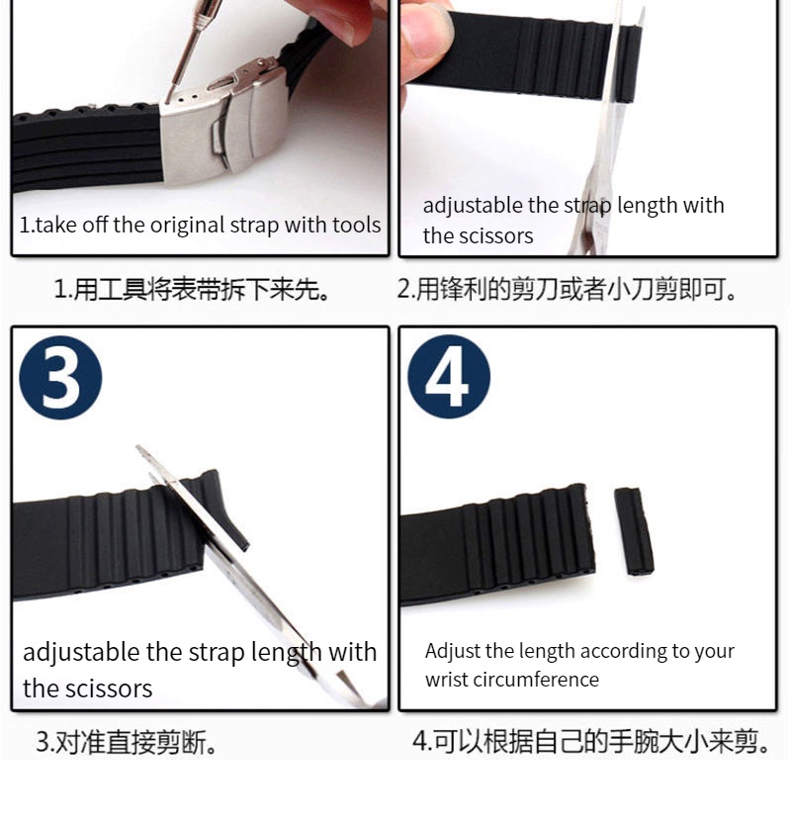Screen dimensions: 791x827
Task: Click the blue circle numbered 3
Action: [x=60, y=378]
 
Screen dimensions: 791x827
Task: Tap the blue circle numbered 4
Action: [x=449, y=377]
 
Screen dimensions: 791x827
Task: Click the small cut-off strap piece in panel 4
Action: [x=634, y=531]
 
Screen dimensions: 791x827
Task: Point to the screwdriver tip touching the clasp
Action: [x=168, y=100]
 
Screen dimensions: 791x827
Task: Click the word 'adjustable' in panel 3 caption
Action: [x=82, y=653]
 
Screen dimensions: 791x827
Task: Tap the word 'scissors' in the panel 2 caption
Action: [x=496, y=235]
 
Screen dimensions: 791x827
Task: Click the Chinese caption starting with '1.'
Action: [x=193, y=289]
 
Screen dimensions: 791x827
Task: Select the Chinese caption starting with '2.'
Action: [x=567, y=289]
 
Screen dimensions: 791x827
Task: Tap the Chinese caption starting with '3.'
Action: [x=127, y=742]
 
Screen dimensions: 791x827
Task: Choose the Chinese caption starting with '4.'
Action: [x=590, y=741]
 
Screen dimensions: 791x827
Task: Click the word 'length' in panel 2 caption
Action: [x=650, y=206]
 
